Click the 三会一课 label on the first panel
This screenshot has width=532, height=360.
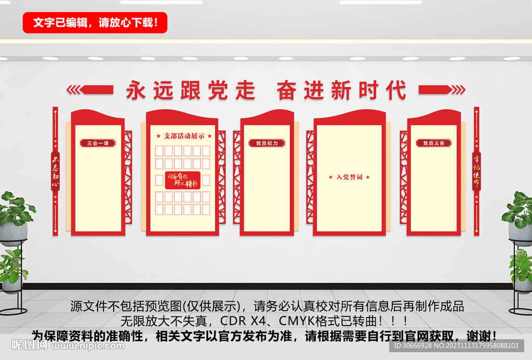click(x=98, y=143)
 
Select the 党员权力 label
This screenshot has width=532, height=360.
click(x=267, y=143)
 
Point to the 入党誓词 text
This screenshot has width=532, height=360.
click(x=349, y=177)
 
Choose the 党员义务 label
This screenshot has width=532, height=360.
click(x=433, y=143)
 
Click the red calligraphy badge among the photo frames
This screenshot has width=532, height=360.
click(x=183, y=180)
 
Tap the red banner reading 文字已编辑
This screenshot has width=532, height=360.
click(x=95, y=22)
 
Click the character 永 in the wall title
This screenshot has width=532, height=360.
click(x=136, y=90)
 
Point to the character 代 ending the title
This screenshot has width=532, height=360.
click(x=395, y=90)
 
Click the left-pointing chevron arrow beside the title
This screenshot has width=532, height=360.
click(x=90, y=90)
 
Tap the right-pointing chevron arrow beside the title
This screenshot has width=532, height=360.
click(x=442, y=90)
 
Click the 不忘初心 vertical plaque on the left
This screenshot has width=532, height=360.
click(x=55, y=171)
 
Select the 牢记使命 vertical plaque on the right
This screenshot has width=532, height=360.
click(x=476, y=171)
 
